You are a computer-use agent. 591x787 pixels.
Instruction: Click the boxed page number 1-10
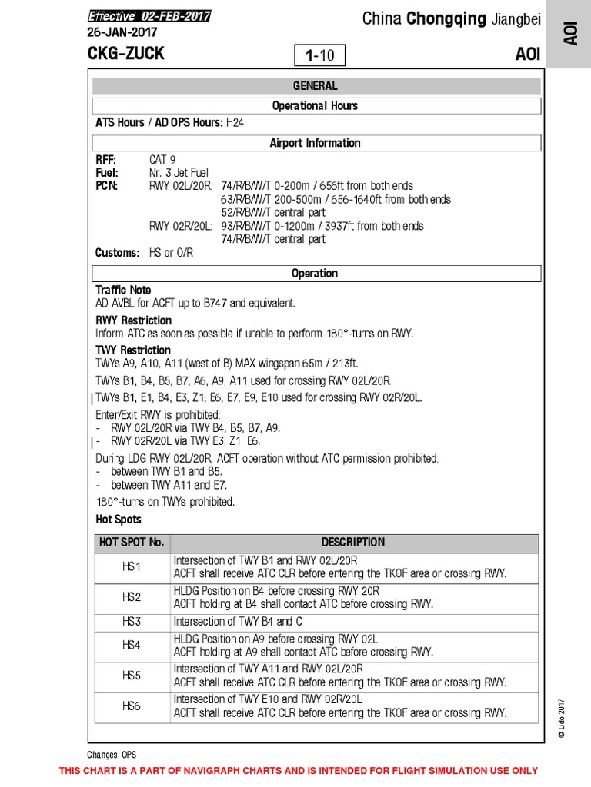pyautogui.click(x=319, y=55)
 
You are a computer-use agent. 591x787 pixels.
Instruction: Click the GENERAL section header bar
pyautogui.click(x=315, y=86)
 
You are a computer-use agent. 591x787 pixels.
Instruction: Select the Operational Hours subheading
pyautogui.click(x=315, y=106)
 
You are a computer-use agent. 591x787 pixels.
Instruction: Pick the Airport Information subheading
pyautogui.click(x=315, y=143)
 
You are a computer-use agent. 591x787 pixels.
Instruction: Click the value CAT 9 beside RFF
pyautogui.click(x=162, y=160)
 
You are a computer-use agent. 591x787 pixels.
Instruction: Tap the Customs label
pyautogui.click(x=117, y=253)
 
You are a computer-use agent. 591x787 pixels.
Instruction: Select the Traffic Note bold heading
pyautogui.click(x=123, y=291)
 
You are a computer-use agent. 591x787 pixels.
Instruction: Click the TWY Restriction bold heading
pyautogui.click(x=133, y=350)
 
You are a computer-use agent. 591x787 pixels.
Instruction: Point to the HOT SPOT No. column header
pyautogui.click(x=132, y=542)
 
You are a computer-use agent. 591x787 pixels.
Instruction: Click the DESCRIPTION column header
pyautogui.click(x=353, y=542)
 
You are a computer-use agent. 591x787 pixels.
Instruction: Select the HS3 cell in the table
pyautogui.click(x=132, y=621)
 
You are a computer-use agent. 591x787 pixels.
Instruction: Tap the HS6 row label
pyautogui.click(x=132, y=706)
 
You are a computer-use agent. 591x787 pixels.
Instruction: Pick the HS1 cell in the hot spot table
pyautogui.click(x=132, y=567)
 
